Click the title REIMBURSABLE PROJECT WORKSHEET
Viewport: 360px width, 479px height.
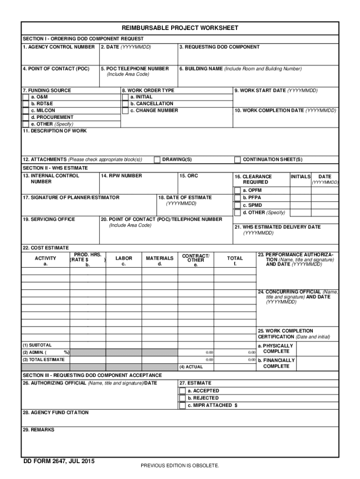pyautogui.click(x=180, y=28)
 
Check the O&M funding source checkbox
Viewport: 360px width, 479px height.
pyautogui.click(x=25, y=97)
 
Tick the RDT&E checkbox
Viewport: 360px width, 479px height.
pyautogui.click(x=25, y=104)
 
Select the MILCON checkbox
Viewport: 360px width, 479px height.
pyautogui.click(x=25, y=111)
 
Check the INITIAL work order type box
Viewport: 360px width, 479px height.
pyautogui.click(x=125, y=97)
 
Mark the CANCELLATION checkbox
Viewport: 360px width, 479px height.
pyautogui.click(x=125, y=104)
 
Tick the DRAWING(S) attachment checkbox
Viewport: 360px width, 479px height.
pyautogui.click(x=157, y=160)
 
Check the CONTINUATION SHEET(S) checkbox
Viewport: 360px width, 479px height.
pyautogui.click(x=238, y=160)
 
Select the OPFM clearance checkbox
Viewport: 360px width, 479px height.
pyautogui.click(x=238, y=190)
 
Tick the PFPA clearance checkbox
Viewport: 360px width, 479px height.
pyautogui.click(x=238, y=198)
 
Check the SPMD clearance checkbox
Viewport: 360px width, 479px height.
pyautogui.click(x=238, y=205)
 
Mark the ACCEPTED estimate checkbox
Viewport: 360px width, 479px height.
pyautogui.click(x=182, y=391)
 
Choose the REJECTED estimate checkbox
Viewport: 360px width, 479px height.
pyautogui.click(x=182, y=399)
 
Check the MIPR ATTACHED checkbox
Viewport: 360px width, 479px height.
pyautogui.click(x=182, y=406)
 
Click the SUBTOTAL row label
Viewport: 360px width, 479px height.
pyautogui.click(x=37, y=345)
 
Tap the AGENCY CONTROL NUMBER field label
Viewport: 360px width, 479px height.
pyautogui.click(x=59, y=47)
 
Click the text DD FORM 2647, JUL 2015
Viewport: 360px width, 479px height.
pyautogui.click(x=59, y=462)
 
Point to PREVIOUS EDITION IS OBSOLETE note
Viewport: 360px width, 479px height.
pyautogui.click(x=180, y=466)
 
